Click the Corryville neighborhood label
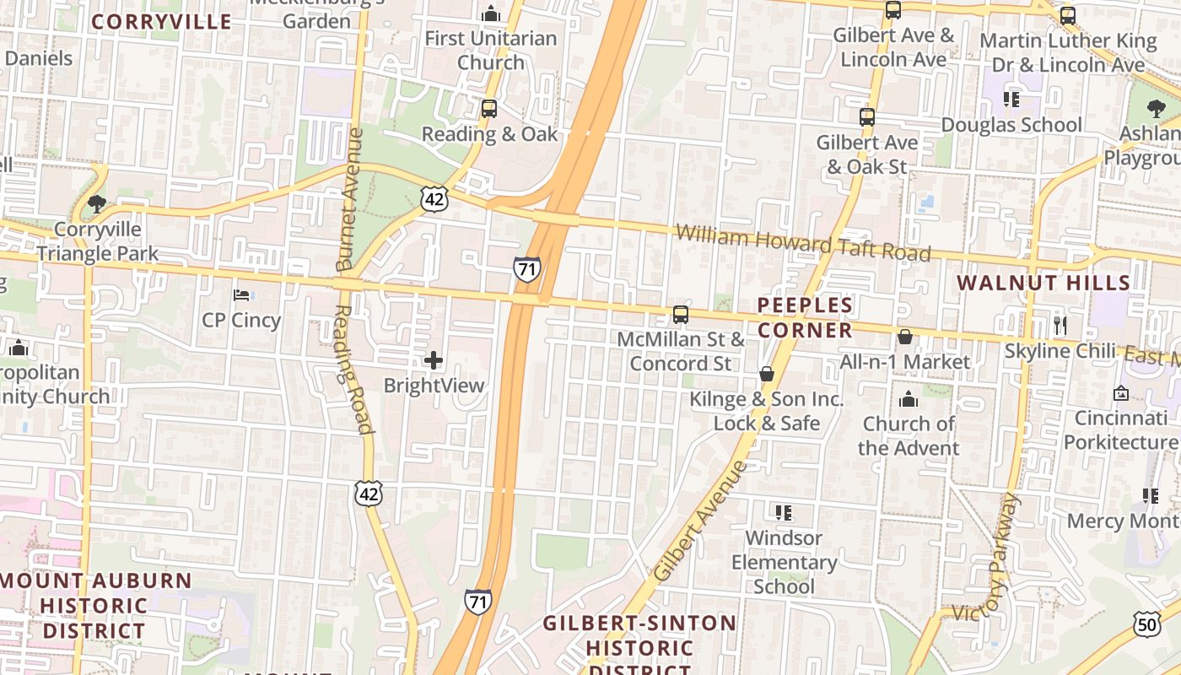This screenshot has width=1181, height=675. coord(160,22)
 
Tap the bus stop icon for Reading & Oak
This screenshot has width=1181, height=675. coord(489,109)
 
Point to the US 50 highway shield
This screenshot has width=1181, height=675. coord(1146,624)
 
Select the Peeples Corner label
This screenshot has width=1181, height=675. coord(805,317)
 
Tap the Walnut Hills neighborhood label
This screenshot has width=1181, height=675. coord(1043,283)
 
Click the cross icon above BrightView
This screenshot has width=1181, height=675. coord(434,361)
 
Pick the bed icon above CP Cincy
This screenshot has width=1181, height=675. coord(241,295)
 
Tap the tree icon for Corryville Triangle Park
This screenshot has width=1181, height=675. coord(97,204)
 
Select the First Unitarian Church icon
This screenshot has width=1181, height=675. coord(491,13)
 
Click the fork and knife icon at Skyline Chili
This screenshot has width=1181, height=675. coord(1060,325)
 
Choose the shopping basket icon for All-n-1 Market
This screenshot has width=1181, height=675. coord(905,337)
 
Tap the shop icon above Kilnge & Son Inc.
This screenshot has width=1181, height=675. coord(767,374)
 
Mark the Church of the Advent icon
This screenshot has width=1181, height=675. coord(909,399)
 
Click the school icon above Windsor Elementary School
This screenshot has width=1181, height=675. coord(784,513)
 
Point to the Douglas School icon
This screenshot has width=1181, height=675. coord(1011,100)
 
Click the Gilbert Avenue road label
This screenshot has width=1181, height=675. coord(699,521)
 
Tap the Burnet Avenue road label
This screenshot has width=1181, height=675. coord(349,199)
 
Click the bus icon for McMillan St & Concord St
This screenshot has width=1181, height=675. coord(681,315)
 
